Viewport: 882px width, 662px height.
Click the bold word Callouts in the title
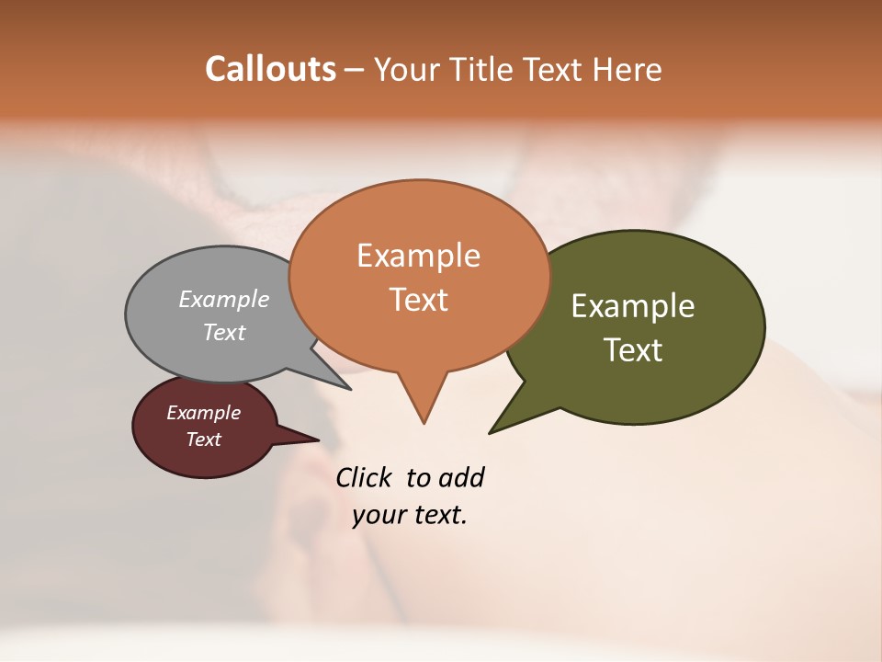pyautogui.click(x=270, y=69)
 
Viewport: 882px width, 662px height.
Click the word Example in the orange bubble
pyautogui.click(x=418, y=256)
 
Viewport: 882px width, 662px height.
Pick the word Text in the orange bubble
pyautogui.click(x=419, y=300)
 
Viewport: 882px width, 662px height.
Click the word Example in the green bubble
pyautogui.click(x=633, y=306)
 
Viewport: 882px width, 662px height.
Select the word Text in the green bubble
pyautogui.click(x=633, y=350)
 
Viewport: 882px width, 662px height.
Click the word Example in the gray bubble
pyautogui.click(x=224, y=299)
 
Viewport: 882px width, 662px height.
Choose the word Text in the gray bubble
pyautogui.click(x=224, y=332)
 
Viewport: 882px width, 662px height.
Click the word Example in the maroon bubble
pyautogui.click(x=204, y=413)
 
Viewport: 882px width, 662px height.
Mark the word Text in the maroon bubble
pyautogui.click(x=204, y=439)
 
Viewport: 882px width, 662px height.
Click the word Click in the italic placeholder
pyautogui.click(x=364, y=477)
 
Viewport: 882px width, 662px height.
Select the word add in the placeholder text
pyautogui.click(x=461, y=477)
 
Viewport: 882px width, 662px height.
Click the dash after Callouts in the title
pyautogui.click(x=354, y=70)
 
